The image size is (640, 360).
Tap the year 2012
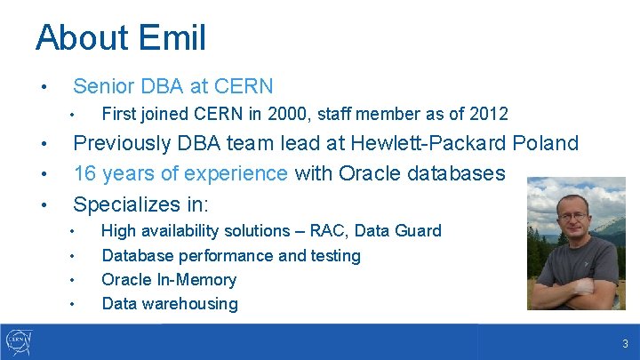tap(488, 114)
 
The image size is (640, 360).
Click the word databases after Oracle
tap(459, 173)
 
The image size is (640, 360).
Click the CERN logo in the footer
tap(19, 341)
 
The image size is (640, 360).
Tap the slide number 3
tap(626, 344)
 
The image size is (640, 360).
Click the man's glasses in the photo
tap(574, 215)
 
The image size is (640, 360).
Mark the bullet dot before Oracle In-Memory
tap(73, 281)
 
